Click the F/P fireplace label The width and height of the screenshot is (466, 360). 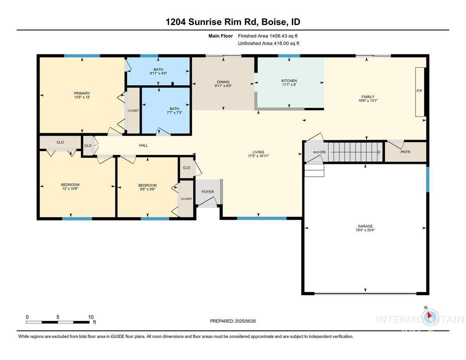[x=419, y=91]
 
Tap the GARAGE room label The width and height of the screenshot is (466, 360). [x=365, y=226]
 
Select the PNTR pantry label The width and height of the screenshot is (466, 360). [x=405, y=152]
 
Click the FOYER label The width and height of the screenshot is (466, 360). [x=208, y=192]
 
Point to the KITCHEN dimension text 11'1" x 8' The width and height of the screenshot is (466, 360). [x=289, y=85]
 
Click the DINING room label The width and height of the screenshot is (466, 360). [x=223, y=82]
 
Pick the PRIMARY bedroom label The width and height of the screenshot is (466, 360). [x=82, y=93]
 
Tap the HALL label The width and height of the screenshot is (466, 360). [x=143, y=145]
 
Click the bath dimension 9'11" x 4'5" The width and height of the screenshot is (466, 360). [x=158, y=73]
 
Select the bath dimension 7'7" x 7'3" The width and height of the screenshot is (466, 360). [x=174, y=113]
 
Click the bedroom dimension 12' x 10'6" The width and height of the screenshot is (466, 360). [x=70, y=189]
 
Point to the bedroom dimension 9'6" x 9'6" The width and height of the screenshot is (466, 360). [x=147, y=190]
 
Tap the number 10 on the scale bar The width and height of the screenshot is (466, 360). [x=91, y=317]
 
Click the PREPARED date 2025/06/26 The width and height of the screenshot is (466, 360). [x=245, y=321]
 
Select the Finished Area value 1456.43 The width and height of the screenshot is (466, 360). [x=278, y=36]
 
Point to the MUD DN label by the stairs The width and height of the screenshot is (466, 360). [x=319, y=152]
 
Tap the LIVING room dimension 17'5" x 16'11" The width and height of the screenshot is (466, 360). [x=258, y=156]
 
